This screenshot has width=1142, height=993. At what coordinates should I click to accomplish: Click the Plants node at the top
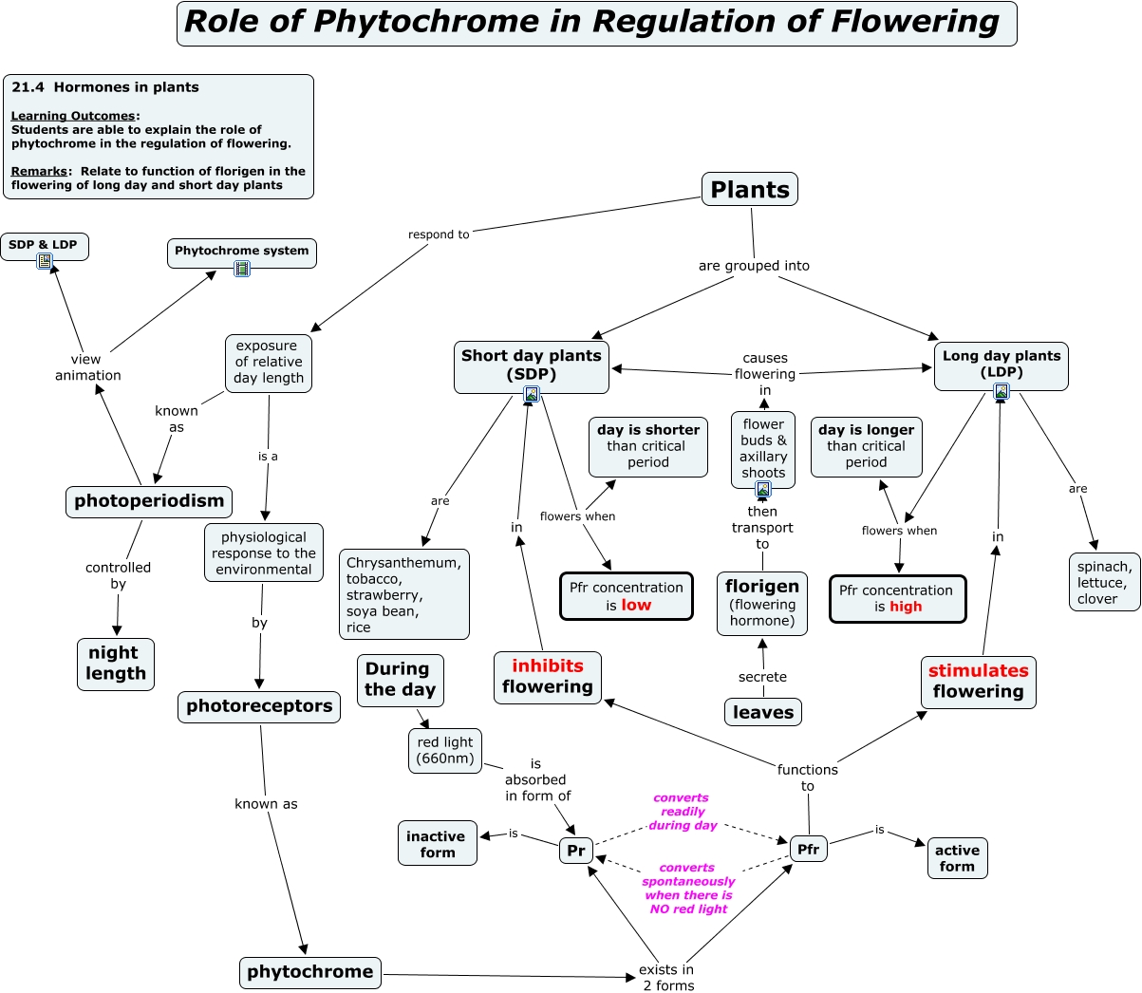749,190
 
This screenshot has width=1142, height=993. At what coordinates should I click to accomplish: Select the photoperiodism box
149,501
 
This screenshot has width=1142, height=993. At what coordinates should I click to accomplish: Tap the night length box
116,664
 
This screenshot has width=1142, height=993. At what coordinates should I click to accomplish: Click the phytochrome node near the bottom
309,972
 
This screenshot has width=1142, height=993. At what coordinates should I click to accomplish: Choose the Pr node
576,851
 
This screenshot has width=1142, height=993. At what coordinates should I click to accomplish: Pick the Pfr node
808,850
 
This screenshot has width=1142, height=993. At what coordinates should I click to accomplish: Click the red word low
636,606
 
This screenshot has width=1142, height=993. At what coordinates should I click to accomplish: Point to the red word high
906,607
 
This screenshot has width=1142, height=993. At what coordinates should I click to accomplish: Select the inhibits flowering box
548,677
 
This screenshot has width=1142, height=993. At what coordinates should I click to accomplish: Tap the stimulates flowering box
978,682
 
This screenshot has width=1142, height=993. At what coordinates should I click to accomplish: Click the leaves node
763,712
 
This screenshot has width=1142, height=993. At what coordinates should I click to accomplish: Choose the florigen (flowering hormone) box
762,603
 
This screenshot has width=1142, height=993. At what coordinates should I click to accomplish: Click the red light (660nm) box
445,750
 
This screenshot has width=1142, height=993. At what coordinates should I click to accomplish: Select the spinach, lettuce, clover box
1103,582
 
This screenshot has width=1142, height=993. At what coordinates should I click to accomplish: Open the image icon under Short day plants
532,394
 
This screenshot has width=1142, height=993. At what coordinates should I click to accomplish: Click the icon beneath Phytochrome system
242,269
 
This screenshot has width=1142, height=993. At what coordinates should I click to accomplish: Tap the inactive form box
437,844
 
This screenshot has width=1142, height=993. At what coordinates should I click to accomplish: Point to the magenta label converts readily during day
683,812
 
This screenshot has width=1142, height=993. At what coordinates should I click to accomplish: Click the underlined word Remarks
39,172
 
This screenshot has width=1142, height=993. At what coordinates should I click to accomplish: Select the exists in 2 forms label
667,977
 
